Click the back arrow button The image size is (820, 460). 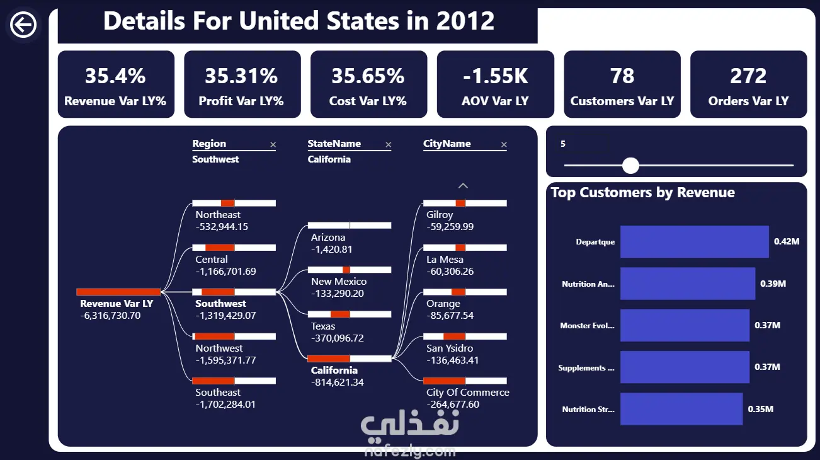[x=23, y=25]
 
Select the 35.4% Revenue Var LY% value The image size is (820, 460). [x=115, y=76]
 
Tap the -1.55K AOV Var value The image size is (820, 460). [x=495, y=76]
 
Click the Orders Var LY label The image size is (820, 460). [x=748, y=101]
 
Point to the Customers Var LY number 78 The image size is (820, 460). [x=622, y=76]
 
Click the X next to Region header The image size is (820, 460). [x=273, y=145]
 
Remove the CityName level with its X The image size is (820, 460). [x=504, y=145]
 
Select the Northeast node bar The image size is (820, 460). [x=234, y=203]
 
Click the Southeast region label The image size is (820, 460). [x=218, y=393]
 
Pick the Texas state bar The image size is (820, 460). [x=349, y=314]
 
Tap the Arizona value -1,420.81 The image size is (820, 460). [x=331, y=250]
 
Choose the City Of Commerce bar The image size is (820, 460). [x=464, y=381]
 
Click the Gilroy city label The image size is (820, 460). [x=440, y=215]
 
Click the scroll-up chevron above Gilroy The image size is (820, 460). [x=463, y=186]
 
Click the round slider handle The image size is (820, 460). [x=630, y=166]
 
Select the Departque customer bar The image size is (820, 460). [x=694, y=242]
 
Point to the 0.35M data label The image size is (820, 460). [x=760, y=409]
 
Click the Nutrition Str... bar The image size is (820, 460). [x=681, y=409]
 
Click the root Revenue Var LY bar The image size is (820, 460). [x=118, y=292]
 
